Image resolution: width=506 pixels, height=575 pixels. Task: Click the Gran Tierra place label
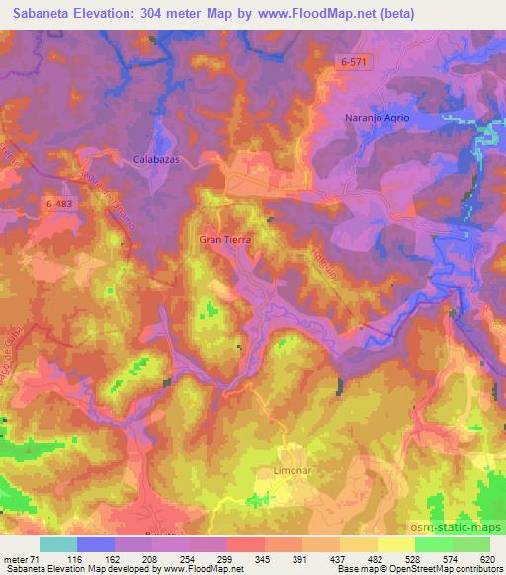click(x=225, y=240)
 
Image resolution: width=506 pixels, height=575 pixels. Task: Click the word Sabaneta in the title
click(x=38, y=14)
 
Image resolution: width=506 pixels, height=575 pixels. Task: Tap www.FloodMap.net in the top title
click(x=307, y=14)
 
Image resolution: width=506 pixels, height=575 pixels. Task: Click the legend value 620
click(x=483, y=558)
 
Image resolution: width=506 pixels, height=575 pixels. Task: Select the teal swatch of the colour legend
click(x=57, y=544)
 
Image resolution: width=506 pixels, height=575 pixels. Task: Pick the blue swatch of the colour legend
click(x=94, y=544)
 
